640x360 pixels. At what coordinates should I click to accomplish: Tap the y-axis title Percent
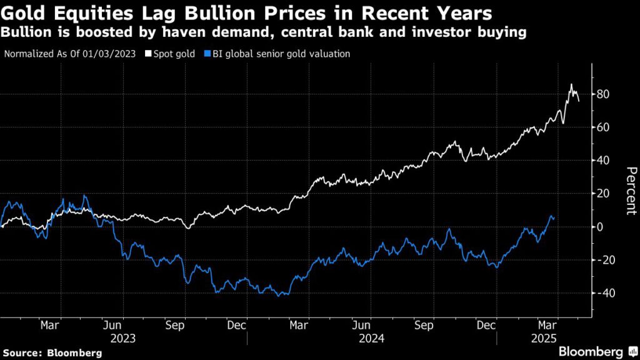point(631,191)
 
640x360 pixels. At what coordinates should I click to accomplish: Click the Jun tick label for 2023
point(112,326)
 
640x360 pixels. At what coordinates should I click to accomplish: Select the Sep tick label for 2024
point(424,326)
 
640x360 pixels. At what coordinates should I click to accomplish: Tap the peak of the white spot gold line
point(570,84)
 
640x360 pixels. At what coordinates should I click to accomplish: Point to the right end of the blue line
point(554,217)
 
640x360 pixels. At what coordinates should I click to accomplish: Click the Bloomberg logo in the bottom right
point(595,351)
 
